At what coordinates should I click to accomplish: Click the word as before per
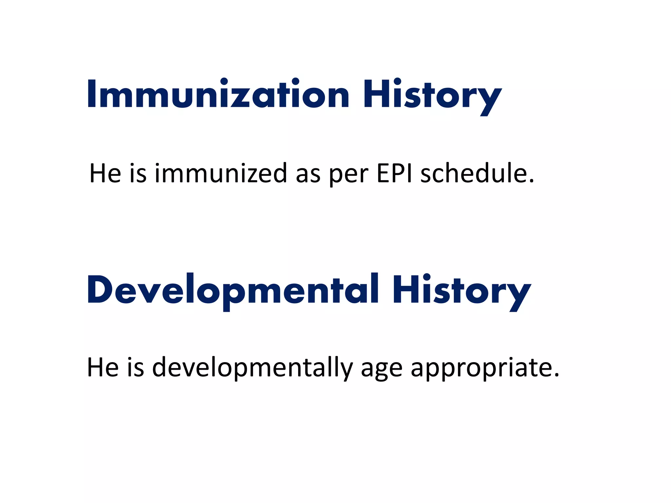tap(308, 175)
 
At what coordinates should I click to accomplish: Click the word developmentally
tap(252, 367)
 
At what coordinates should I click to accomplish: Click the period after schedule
tap(531, 181)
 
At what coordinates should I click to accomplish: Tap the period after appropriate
tap(556, 376)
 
